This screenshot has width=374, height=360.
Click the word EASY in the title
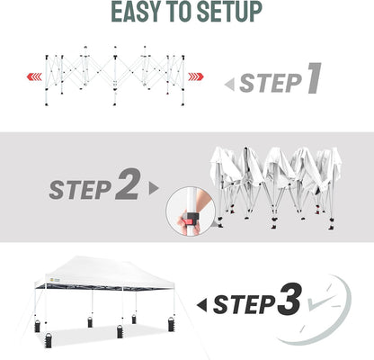(x=138, y=13)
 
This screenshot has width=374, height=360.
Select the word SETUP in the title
(x=234, y=13)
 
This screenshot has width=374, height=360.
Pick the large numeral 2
(x=127, y=186)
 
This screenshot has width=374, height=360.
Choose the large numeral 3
(x=287, y=301)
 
